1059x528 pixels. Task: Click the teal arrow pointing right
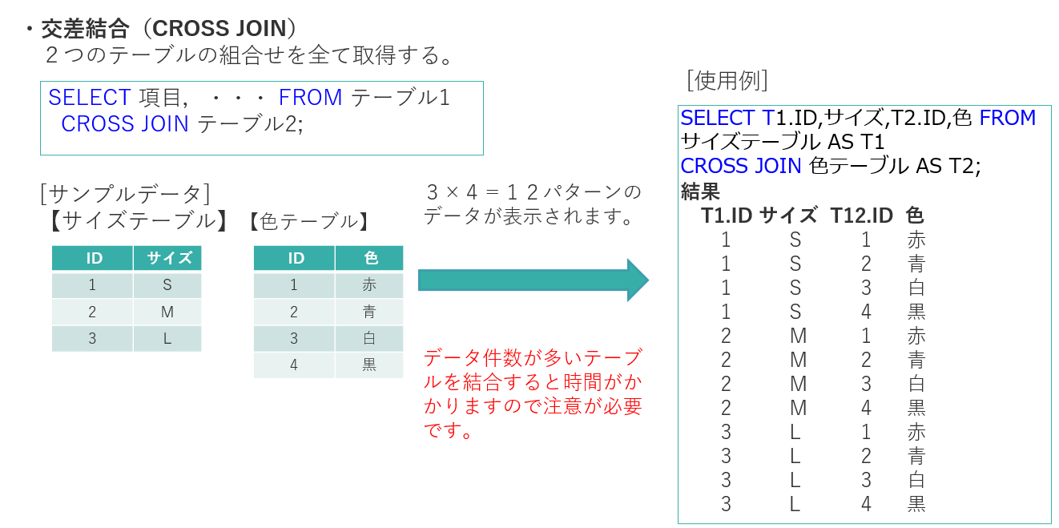point(533,280)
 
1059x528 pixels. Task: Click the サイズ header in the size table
point(167,258)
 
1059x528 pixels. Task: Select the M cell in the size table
point(167,312)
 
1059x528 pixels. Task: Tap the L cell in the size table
point(167,338)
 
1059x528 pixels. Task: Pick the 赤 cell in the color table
point(369,284)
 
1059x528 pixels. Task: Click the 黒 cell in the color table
point(369,365)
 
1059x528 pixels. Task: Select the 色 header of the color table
point(369,258)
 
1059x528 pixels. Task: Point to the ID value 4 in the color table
point(294,365)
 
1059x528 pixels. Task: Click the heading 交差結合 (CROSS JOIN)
point(169,28)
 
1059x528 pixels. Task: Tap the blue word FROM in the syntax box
point(310,98)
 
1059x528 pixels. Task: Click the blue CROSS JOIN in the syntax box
point(125,124)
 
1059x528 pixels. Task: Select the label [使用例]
point(727,80)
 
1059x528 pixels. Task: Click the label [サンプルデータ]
point(125,194)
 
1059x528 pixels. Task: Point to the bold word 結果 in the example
point(700,191)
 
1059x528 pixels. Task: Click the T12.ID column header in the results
point(861,216)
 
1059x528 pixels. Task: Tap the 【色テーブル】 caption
point(309,221)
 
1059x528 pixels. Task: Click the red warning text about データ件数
point(533,393)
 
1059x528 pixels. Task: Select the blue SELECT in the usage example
point(717,118)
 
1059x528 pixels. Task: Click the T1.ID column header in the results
point(727,216)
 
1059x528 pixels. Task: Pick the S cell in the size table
point(167,284)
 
